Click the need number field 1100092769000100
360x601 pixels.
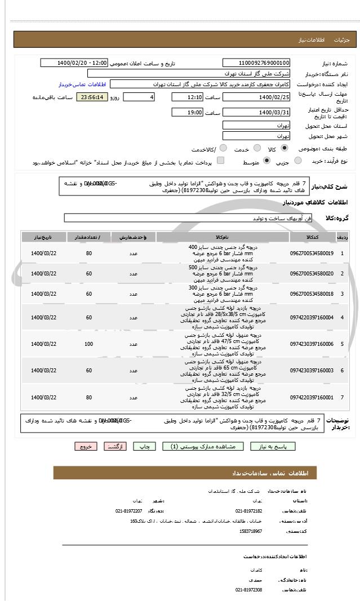256,63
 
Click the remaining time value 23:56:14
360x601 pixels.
91,97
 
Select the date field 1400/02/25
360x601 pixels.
256,97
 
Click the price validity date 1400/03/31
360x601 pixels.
256,113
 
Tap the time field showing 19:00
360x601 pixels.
188,113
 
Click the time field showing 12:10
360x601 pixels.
188,97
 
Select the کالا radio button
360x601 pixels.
283,149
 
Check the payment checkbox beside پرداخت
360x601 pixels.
220,161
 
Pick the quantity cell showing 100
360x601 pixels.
89,344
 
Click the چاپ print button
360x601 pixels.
145,446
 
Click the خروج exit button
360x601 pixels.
86,446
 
